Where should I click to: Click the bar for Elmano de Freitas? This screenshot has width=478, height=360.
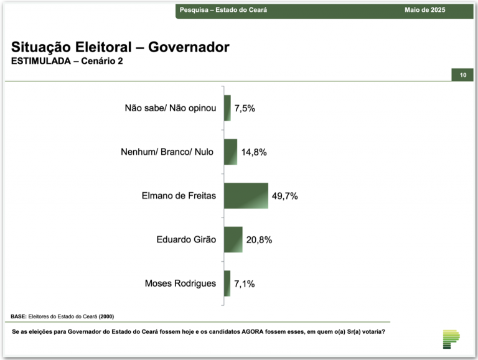246,196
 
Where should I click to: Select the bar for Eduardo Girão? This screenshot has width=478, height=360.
233,239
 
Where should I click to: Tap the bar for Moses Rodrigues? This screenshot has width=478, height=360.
227,284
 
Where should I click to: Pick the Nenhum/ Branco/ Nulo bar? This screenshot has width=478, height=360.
230,152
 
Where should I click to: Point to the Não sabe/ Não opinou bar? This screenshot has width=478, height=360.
227,108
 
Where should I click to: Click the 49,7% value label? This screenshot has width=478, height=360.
285,196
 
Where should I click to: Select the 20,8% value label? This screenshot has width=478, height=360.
259,240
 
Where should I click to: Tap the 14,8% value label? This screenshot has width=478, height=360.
254,152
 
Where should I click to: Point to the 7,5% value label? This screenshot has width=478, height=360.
245,108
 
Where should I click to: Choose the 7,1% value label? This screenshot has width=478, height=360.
244,284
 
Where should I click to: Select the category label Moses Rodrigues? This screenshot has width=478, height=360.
180,284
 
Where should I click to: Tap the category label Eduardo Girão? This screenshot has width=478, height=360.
186,240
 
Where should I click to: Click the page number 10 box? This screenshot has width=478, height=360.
462,75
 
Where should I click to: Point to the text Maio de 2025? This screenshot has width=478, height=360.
424,10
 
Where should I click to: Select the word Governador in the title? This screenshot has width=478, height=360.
190,47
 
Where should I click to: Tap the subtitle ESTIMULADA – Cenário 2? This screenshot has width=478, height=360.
67,62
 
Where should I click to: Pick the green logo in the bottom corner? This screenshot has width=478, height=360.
451,338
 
